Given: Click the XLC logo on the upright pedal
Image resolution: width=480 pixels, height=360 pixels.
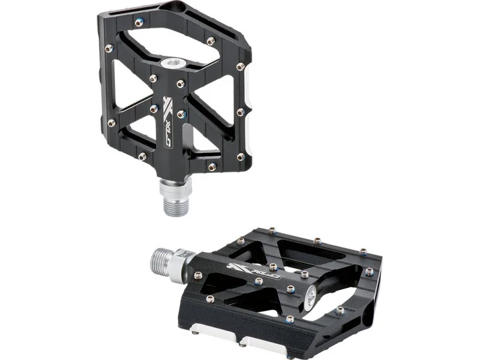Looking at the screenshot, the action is pos(167,122).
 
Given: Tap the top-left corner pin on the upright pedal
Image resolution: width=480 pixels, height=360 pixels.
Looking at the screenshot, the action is pos(139,22).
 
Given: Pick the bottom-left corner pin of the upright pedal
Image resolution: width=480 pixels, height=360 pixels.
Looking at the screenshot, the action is pos(142,157).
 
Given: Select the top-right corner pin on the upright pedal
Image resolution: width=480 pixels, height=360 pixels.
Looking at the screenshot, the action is pos(211,41).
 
